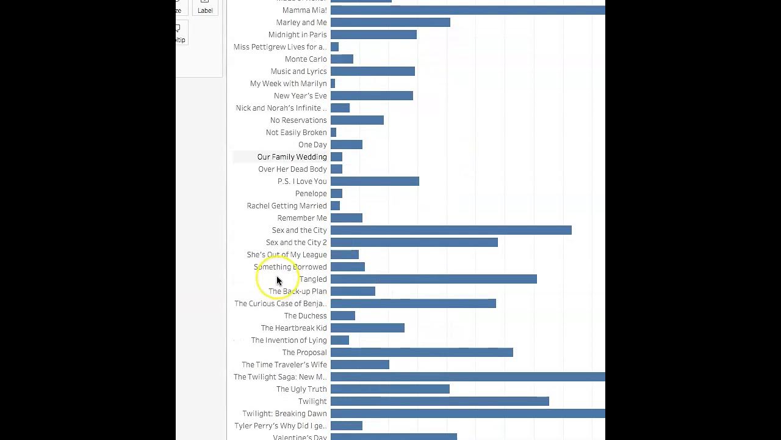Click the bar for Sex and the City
pyautogui.click(x=451, y=230)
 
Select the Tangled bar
pyautogui.click(x=433, y=279)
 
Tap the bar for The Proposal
pyautogui.click(x=422, y=353)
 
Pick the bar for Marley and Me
pyautogui.click(x=390, y=23)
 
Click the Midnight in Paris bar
pyautogui.click(x=373, y=35)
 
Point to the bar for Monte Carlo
pyautogui.click(x=342, y=59)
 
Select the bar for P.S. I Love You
pyautogui.click(x=375, y=182)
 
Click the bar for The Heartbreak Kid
pyautogui.click(x=367, y=328)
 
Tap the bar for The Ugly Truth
pyautogui.click(x=390, y=389)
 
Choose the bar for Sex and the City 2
pyautogui.click(x=414, y=243)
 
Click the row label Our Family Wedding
pyautogui.click(x=292, y=157)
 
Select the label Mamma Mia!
pyautogui.click(x=304, y=10)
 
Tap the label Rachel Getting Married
pyautogui.click(x=287, y=206)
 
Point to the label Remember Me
pyautogui.click(x=302, y=218)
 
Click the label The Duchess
pyautogui.click(x=305, y=316)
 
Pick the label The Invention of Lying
pyautogui.click(x=289, y=340)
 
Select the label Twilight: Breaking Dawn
pyautogui.click(x=284, y=414)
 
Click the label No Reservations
pyautogui.click(x=298, y=120)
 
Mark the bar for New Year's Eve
pyautogui.click(x=372, y=96)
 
